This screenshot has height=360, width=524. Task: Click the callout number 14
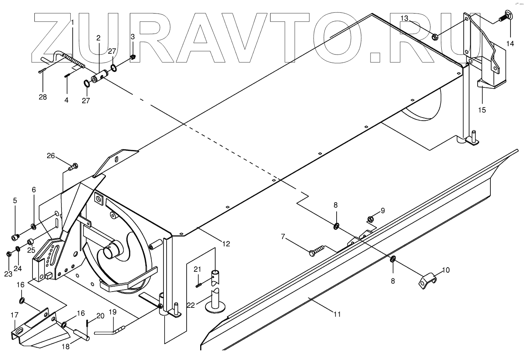(510, 44)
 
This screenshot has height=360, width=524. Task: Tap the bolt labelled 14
(505, 17)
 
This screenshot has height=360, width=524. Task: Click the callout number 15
(482, 110)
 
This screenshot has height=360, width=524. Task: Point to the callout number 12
(226, 244)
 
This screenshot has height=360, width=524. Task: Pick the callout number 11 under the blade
(337, 314)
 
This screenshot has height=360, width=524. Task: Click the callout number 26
(51, 156)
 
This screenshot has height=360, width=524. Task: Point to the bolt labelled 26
(73, 167)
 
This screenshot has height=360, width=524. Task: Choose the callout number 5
(15, 200)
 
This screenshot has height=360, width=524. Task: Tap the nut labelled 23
(9, 254)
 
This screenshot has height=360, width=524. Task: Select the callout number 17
(14, 315)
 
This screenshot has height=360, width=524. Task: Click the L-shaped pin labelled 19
(108, 331)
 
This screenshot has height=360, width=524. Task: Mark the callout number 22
(191, 305)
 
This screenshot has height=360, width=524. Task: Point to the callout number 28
(43, 97)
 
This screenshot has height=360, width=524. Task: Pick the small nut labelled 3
(133, 58)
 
